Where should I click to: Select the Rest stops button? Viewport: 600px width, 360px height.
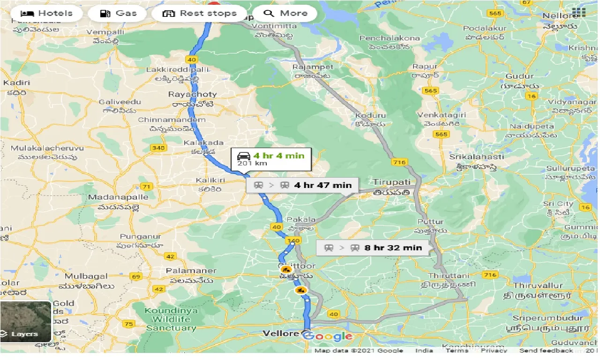point(199,13)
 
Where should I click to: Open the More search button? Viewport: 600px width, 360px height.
point(285,13)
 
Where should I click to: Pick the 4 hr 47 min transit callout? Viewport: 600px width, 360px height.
point(302,185)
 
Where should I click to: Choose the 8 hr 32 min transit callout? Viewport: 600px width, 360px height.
point(373,247)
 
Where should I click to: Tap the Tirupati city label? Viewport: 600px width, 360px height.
point(391,182)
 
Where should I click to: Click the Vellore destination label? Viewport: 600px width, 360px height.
point(281,334)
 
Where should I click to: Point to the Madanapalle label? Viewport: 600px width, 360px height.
point(118,197)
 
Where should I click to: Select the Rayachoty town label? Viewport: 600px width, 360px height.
point(187,94)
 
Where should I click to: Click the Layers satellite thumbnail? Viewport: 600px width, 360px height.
point(26,322)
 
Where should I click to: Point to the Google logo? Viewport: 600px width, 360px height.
point(328,336)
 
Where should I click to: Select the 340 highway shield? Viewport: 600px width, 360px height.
point(158,148)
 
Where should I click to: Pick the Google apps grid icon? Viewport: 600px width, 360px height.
point(580,12)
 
